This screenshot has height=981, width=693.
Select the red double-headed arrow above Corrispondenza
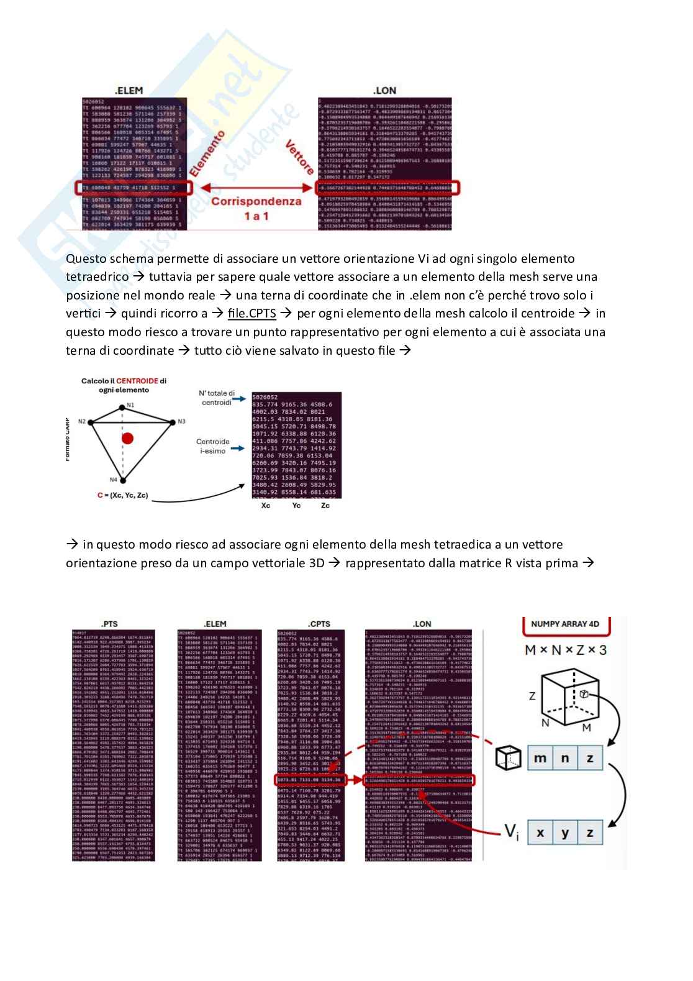[251, 187]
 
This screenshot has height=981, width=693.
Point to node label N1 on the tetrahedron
[130, 404]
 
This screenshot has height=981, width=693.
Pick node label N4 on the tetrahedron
[114, 480]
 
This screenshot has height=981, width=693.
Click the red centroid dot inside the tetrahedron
[127, 439]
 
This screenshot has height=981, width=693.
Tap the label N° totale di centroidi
[217, 398]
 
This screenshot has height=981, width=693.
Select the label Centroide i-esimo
[212, 446]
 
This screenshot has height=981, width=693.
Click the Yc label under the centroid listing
[296, 506]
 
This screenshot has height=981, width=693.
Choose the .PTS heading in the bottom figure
[111, 623]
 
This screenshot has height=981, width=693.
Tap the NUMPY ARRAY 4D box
[564, 624]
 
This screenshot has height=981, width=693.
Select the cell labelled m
[540, 759]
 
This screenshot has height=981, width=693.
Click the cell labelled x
[540, 833]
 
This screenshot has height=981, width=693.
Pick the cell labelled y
[565, 833]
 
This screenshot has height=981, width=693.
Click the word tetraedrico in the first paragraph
[97, 276]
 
